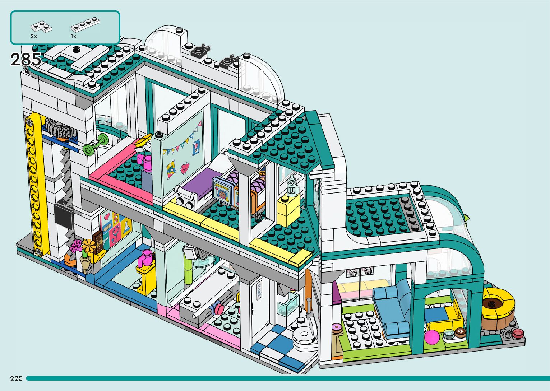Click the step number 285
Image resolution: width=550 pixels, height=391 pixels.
[26, 59]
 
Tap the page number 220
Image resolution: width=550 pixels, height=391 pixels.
[16, 378]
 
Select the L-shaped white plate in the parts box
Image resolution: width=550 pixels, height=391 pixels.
[41, 27]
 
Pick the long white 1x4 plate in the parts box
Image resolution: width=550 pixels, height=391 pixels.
[85, 24]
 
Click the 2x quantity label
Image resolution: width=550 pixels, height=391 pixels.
[34, 36]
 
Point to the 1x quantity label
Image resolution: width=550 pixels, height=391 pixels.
[73, 36]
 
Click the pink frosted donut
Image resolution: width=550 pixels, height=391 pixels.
[337, 327]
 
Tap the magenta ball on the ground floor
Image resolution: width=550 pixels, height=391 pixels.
[432, 337]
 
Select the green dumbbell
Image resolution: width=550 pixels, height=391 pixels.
[96, 145]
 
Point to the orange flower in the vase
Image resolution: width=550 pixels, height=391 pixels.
[89, 246]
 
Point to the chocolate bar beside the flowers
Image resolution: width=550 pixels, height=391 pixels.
[98, 241]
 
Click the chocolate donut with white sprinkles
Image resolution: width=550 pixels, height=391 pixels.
[461, 332]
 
